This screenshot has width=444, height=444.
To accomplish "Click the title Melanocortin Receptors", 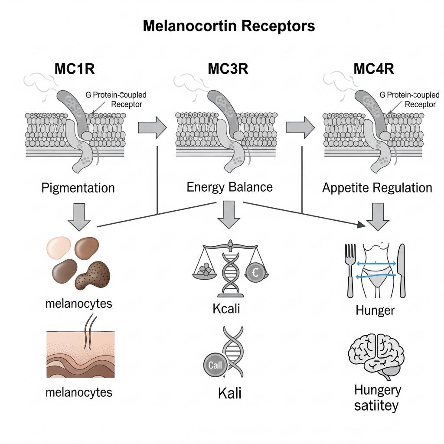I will point(229,26).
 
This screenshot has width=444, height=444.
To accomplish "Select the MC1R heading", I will point(75,69).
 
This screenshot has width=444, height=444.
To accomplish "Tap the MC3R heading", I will point(228,69).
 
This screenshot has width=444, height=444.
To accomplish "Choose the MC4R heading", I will point(374,69).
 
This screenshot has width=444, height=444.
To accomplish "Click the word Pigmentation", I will point(78,188).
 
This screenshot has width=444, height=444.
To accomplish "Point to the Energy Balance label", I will point(229,187).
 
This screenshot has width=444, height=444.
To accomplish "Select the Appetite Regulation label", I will point(377,188).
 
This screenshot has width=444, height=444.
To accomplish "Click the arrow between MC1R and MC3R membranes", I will point(152,127).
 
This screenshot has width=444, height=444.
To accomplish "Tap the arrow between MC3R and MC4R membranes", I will point(300,127).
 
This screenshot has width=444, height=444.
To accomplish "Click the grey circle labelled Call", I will point(215,365).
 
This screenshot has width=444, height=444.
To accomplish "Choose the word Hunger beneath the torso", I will point(375,310).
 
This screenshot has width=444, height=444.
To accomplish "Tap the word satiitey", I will point(376,406).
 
